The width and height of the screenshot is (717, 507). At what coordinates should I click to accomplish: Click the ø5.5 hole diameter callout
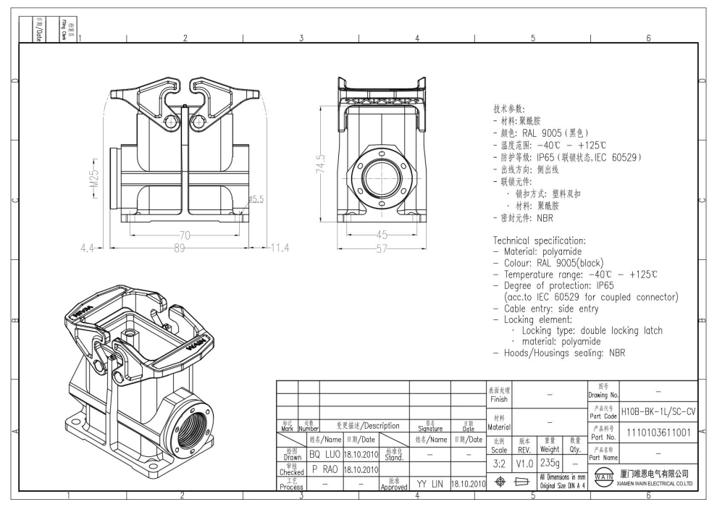coord(255,198)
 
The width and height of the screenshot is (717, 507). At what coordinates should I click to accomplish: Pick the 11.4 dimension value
coord(279,248)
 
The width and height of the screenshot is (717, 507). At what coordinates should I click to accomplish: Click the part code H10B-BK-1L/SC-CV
coord(658,411)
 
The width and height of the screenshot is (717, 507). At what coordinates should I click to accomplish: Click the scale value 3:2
coord(498,462)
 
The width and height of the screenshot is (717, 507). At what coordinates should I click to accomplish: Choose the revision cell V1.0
coord(524,462)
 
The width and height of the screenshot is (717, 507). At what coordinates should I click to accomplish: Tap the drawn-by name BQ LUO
coord(324,453)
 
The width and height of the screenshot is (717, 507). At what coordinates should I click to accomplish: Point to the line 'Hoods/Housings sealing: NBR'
coord(562,353)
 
